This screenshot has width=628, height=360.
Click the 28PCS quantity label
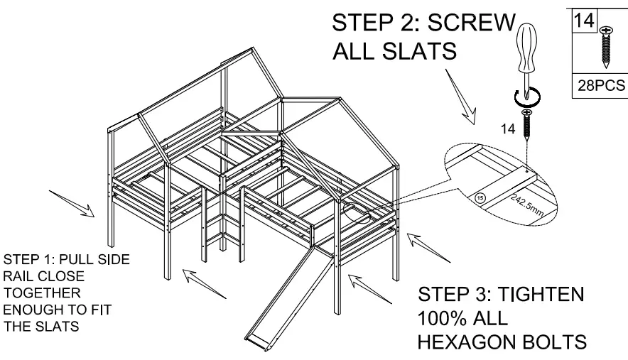point(600,86)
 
